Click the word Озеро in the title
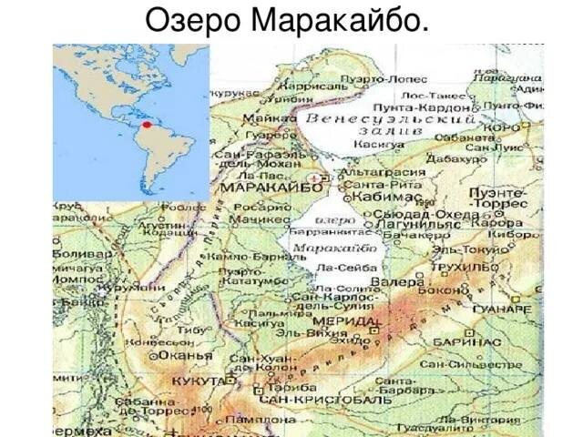(x=188, y=19)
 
